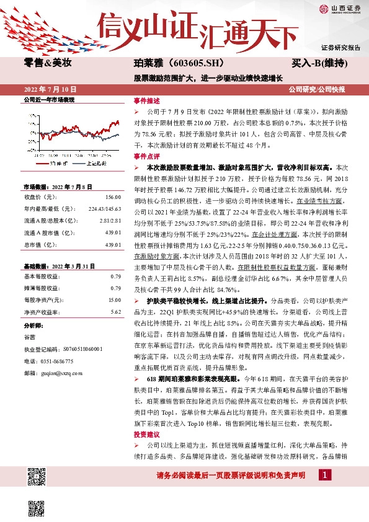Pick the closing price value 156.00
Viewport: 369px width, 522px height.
pyautogui.click(x=113, y=197)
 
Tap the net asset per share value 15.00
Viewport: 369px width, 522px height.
pyautogui.click(x=114, y=300)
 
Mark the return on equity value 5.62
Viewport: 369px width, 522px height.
pyautogui.click(x=115, y=312)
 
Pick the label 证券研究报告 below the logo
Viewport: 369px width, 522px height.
pyautogui.click(x=340, y=47)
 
